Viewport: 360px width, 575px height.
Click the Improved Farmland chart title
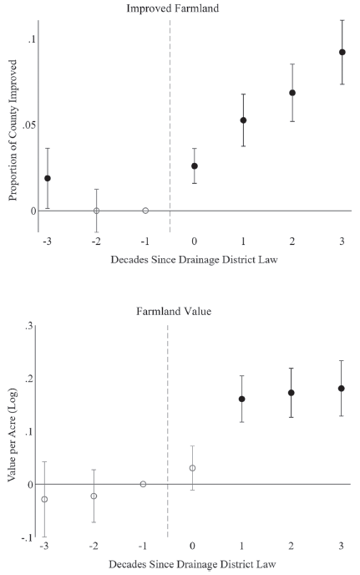click(x=173, y=8)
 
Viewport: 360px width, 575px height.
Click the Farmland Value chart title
click(x=174, y=312)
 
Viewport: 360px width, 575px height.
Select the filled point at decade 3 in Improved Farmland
click(x=342, y=52)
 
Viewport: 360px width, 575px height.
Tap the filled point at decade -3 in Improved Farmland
click(x=48, y=178)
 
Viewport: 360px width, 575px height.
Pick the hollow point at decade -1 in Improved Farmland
click(x=145, y=211)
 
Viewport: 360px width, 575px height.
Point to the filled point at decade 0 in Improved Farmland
click(x=195, y=166)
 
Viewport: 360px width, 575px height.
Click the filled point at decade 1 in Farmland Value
click(x=241, y=399)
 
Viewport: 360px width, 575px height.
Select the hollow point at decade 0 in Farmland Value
click(x=192, y=468)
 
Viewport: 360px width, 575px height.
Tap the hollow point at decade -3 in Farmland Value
click(x=44, y=499)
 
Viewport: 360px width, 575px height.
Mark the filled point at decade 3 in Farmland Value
click(x=342, y=389)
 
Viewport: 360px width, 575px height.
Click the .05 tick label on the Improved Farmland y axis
click(x=29, y=125)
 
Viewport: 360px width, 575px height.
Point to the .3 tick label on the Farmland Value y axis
click(x=29, y=327)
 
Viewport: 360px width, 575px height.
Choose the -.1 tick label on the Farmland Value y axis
click(x=27, y=537)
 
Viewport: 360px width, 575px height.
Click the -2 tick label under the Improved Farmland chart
click(x=96, y=242)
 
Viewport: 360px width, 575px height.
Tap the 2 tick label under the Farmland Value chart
click(x=291, y=546)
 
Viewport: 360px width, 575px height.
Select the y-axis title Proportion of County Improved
click(x=13, y=130)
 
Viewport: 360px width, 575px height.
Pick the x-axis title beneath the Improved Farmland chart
click(x=195, y=260)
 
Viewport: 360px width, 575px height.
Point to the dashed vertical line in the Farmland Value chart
click(x=168, y=431)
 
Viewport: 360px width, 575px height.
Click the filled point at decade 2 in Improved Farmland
click(x=292, y=93)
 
